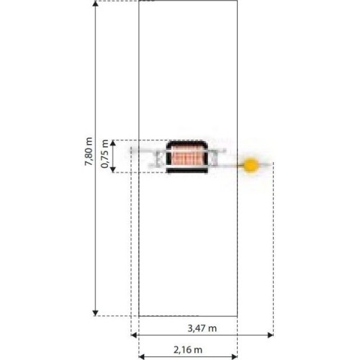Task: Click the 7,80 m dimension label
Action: [x=89, y=151]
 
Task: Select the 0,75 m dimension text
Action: [x=104, y=154]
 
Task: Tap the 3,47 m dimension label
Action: [x=202, y=328]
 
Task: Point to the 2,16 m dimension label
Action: [x=188, y=350]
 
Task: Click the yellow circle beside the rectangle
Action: [x=251, y=165]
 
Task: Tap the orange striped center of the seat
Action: [x=186, y=156]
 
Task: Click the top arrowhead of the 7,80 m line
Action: [x=96, y=4]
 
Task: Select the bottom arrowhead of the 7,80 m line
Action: [x=96, y=313]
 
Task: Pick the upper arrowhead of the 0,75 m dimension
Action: [x=113, y=143]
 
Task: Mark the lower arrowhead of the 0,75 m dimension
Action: [x=113, y=170]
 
